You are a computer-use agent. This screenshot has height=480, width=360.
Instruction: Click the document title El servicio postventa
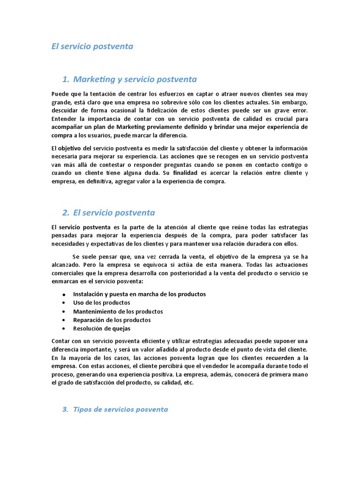click(x=92, y=46)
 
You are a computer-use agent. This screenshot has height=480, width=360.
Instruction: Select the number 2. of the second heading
click(x=66, y=212)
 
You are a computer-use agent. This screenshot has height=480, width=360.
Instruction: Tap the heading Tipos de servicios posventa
click(x=120, y=409)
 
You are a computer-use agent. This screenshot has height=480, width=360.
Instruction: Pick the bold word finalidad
click(x=188, y=173)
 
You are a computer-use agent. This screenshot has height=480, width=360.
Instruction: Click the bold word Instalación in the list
click(x=89, y=294)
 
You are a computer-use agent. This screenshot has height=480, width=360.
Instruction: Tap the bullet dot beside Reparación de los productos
click(x=63, y=320)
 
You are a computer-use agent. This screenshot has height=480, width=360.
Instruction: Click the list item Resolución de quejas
click(x=102, y=328)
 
